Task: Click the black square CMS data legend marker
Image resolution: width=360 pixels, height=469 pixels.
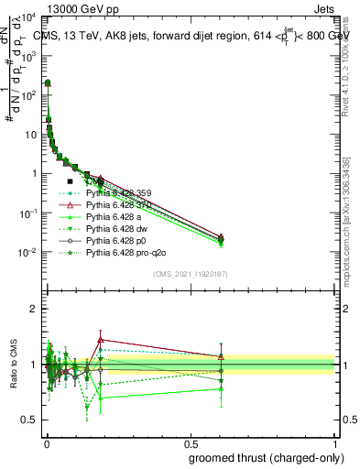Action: [71, 181]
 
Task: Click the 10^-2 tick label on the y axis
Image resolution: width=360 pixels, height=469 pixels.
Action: [27, 252]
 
